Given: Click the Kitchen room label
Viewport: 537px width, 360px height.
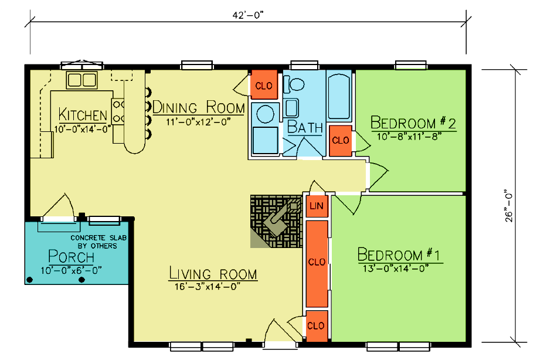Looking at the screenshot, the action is click(83, 114).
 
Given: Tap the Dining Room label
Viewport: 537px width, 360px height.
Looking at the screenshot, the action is click(199, 107).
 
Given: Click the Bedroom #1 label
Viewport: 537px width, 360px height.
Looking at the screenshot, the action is click(399, 254).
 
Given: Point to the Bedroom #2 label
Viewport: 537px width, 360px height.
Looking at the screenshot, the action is click(413, 123).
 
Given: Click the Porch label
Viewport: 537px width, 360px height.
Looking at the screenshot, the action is click(72, 257).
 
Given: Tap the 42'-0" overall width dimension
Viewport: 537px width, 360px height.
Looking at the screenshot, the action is click(248, 15).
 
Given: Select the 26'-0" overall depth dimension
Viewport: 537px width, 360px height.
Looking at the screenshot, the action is click(509, 206).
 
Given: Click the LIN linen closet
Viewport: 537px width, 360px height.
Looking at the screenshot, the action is click(317, 206).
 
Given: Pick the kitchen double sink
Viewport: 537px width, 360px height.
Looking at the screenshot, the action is click(82, 80).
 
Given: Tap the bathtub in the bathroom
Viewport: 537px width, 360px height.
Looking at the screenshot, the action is click(339, 96).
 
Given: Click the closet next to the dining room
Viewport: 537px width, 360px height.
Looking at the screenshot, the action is click(264, 85).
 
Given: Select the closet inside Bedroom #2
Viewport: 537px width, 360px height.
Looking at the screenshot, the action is click(341, 141).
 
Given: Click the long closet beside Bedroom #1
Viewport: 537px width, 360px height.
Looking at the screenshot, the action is click(317, 263).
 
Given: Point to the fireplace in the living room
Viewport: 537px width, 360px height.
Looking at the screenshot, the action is click(276, 221).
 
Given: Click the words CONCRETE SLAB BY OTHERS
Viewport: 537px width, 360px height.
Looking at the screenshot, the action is click(98, 242).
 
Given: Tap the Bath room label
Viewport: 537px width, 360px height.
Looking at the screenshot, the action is click(305, 127).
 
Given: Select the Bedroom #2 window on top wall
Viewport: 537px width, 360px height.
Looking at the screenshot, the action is click(410, 65).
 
